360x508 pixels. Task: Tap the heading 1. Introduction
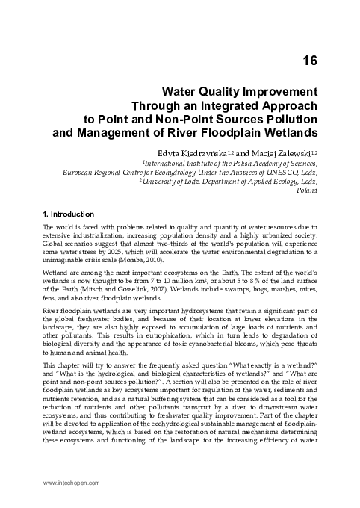pos(72,214)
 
